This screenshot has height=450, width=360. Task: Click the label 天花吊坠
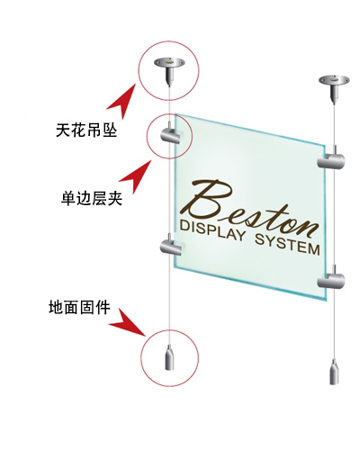(86, 130)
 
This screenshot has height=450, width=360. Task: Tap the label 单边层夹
(92, 198)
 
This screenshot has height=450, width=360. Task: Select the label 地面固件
(79, 307)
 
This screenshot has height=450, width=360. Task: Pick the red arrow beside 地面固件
(129, 322)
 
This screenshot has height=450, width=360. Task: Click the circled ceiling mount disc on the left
(169, 62)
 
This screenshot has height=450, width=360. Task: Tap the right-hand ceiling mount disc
(334, 80)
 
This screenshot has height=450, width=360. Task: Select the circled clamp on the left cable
(170, 136)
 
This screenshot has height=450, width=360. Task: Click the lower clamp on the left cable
(171, 247)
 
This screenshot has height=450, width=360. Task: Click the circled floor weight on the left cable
(170, 358)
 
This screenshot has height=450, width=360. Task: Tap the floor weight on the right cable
(334, 373)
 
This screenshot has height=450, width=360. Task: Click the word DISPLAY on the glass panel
(212, 229)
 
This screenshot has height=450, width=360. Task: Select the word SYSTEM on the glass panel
(287, 246)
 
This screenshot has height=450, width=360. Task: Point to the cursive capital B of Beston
(210, 200)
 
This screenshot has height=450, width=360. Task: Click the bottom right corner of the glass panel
(326, 301)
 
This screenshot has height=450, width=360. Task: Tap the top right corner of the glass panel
(325, 146)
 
